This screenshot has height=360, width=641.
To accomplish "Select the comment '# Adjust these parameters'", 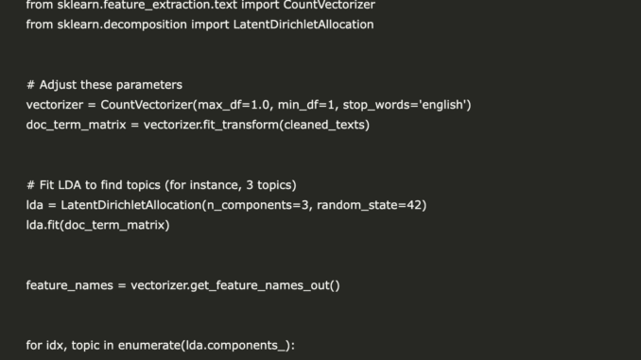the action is pos(104,85).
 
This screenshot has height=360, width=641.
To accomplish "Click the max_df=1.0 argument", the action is pos(237,105).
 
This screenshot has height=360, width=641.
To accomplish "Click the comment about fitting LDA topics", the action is pos(161,185).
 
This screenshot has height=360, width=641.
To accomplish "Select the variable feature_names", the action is pos(69,285).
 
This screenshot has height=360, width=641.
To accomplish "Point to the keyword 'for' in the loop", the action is pos(35,346).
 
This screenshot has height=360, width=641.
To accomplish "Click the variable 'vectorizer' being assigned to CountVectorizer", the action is pos(56,105).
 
